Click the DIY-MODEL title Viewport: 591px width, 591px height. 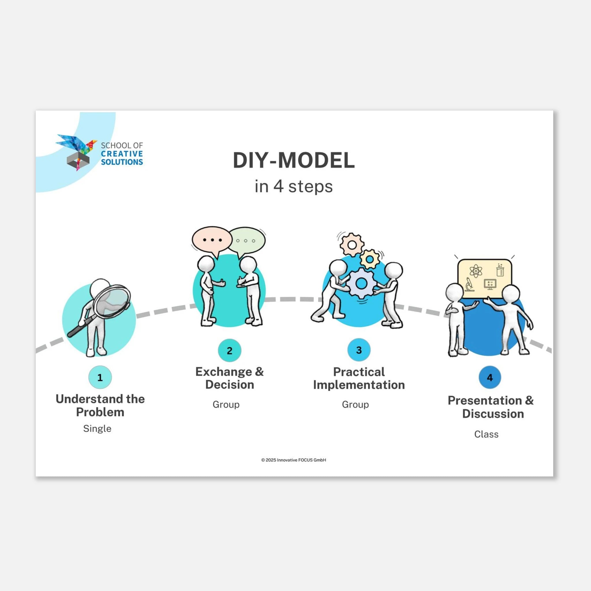click(294, 160)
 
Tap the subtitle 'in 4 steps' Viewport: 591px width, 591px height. click(294, 186)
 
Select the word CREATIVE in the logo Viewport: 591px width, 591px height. click(122, 154)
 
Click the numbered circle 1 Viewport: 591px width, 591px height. click(100, 377)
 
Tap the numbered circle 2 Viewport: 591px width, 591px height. click(229, 350)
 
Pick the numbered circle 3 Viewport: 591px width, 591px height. click(359, 350)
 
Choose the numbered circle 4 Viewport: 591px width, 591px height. click(490, 377)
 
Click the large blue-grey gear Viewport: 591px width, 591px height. click(361, 283)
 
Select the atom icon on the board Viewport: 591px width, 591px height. click(476, 271)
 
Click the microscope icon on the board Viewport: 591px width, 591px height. click(469, 285)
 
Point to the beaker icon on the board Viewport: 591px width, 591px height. click(500, 270)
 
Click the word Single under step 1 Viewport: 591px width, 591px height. click(97, 429)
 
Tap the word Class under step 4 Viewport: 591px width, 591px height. click(486, 434)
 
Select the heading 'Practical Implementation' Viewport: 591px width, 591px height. click(359, 378)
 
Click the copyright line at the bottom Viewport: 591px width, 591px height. click(294, 460)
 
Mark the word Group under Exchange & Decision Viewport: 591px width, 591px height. click(226, 405)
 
